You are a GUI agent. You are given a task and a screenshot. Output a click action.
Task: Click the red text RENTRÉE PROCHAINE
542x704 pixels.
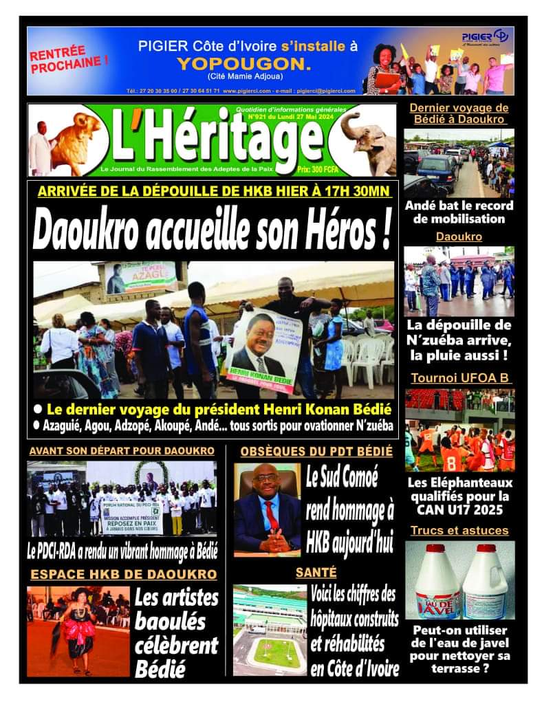(68, 59)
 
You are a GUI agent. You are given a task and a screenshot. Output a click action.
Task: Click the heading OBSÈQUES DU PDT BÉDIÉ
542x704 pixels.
(316, 452)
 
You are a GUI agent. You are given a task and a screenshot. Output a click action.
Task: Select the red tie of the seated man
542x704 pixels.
(272, 516)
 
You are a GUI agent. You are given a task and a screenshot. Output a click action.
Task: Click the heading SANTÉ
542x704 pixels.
(316, 572)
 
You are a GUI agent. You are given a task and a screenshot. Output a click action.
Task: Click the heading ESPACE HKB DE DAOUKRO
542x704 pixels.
(123, 574)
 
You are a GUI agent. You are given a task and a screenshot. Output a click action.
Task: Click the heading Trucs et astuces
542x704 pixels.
(459, 530)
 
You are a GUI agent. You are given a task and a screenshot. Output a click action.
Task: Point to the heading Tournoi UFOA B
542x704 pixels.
(461, 378)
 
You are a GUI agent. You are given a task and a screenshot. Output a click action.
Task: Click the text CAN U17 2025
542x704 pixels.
(459, 509)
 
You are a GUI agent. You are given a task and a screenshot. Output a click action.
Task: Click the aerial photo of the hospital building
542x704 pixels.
(269, 630)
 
